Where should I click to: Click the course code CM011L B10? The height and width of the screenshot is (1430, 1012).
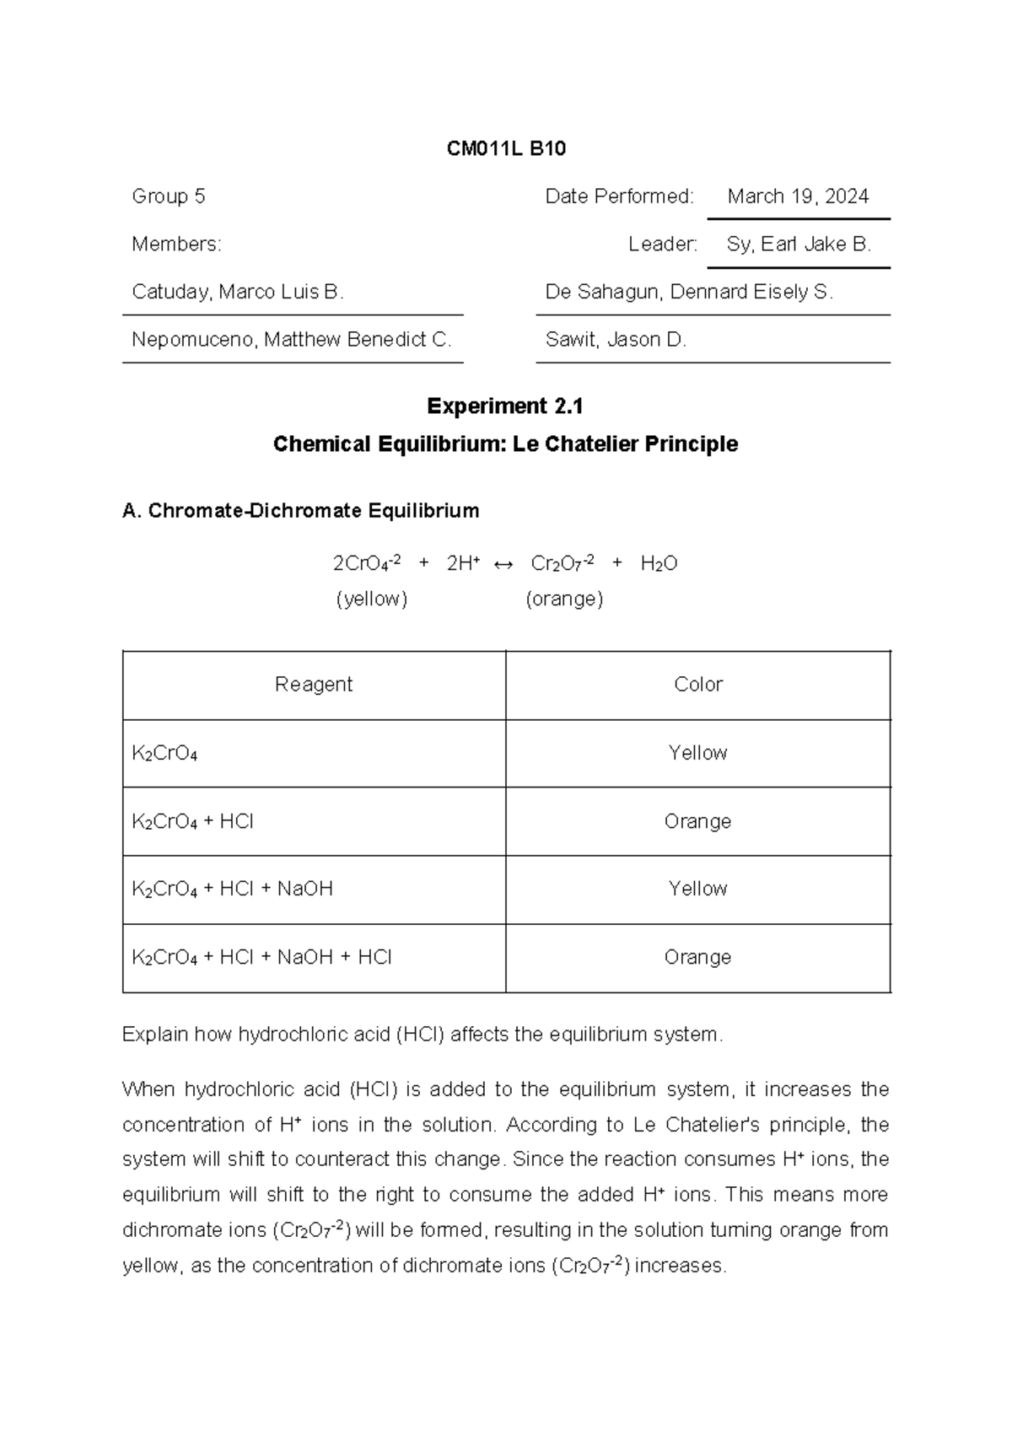506,149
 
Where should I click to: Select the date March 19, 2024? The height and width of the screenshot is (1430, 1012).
798,196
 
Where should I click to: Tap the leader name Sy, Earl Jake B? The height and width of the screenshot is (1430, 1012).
799,245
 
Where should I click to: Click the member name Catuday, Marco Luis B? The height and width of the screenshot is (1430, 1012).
238,292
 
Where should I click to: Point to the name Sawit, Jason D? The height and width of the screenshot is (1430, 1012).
616,340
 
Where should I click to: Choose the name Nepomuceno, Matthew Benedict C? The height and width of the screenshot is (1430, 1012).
292,340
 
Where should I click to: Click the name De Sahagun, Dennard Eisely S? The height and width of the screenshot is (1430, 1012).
689,292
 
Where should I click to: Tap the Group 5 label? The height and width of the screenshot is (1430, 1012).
169,196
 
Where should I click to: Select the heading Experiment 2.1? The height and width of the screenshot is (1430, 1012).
505,406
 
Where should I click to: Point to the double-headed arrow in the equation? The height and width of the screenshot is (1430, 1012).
503,564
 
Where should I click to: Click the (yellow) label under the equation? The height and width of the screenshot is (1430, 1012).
372,599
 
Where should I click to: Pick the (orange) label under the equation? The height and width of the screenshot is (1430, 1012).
564,599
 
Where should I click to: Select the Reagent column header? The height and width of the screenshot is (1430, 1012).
314,684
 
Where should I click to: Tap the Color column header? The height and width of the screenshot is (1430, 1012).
698,684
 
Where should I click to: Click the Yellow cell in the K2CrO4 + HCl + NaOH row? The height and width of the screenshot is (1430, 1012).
697,889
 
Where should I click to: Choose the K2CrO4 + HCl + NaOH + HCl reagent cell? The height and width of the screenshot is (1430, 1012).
261,957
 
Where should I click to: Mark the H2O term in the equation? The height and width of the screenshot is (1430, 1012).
659,564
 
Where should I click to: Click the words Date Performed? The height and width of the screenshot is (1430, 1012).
620,196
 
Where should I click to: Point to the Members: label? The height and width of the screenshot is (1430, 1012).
177,245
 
